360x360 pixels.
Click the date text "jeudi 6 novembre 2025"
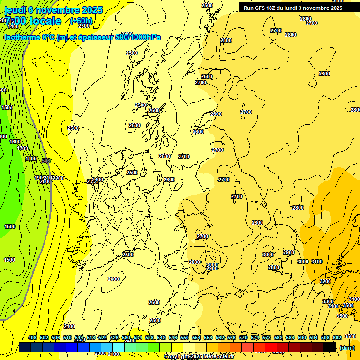click(x=53, y=10)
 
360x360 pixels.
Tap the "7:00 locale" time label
click(x=33, y=21)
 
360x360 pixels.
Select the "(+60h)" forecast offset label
click(x=81, y=21)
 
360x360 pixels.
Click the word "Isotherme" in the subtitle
click(x=21, y=37)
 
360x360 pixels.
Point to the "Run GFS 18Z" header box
click(x=292, y=8)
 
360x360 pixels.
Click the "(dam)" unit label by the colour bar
click(x=347, y=347)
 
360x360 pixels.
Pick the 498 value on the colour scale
click(x=32, y=337)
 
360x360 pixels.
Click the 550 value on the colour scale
click(x=185, y=337)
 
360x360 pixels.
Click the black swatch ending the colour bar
click(x=330, y=347)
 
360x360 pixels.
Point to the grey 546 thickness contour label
click(x=46, y=161)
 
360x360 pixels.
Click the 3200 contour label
click(x=325, y=281)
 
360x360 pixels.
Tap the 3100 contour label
click(x=317, y=262)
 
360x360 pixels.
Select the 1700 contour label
click(x=22, y=148)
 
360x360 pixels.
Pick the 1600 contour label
click(x=15, y=142)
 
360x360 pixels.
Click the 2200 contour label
click(x=58, y=178)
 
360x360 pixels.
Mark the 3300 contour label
click(x=328, y=301)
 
